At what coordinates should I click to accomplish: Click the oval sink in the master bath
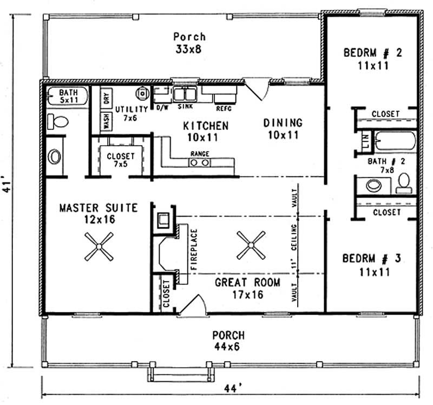(x=55, y=157)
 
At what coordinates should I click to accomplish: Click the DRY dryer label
(x=107, y=98)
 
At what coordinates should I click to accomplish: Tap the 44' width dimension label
(x=232, y=388)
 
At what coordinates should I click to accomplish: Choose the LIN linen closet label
(x=366, y=142)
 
